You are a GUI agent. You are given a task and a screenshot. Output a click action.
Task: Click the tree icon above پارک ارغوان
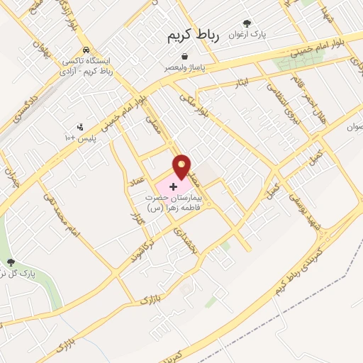247,23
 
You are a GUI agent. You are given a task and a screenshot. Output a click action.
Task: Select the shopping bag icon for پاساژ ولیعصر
184,56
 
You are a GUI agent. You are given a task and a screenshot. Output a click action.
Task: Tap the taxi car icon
85,50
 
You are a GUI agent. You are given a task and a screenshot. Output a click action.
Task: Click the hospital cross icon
174,186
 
